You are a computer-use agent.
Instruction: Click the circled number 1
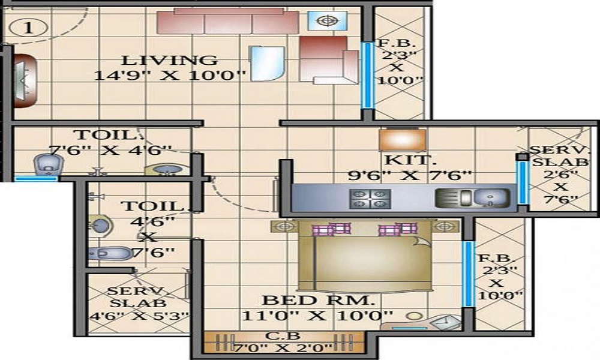click(x=28, y=28)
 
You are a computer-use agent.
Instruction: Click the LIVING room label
click(x=170, y=61)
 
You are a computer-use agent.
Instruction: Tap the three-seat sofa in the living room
click(x=228, y=21)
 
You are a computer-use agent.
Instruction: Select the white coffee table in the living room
click(x=267, y=64)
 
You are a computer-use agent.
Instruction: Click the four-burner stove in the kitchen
click(x=370, y=199)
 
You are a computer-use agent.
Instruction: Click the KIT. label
click(x=410, y=160)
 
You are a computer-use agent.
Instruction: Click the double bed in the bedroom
click(x=365, y=256)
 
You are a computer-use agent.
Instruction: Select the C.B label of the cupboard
click(x=283, y=336)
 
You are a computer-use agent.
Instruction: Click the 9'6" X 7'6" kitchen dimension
click(x=409, y=176)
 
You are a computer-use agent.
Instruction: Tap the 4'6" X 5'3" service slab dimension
click(x=139, y=316)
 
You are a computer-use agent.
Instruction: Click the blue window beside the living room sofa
click(x=367, y=75)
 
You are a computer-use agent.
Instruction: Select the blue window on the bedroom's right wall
click(x=467, y=274)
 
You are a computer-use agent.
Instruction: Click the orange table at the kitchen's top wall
click(x=403, y=140)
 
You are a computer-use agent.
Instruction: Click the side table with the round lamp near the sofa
click(x=327, y=20)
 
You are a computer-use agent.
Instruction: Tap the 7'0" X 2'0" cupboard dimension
click(x=283, y=348)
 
